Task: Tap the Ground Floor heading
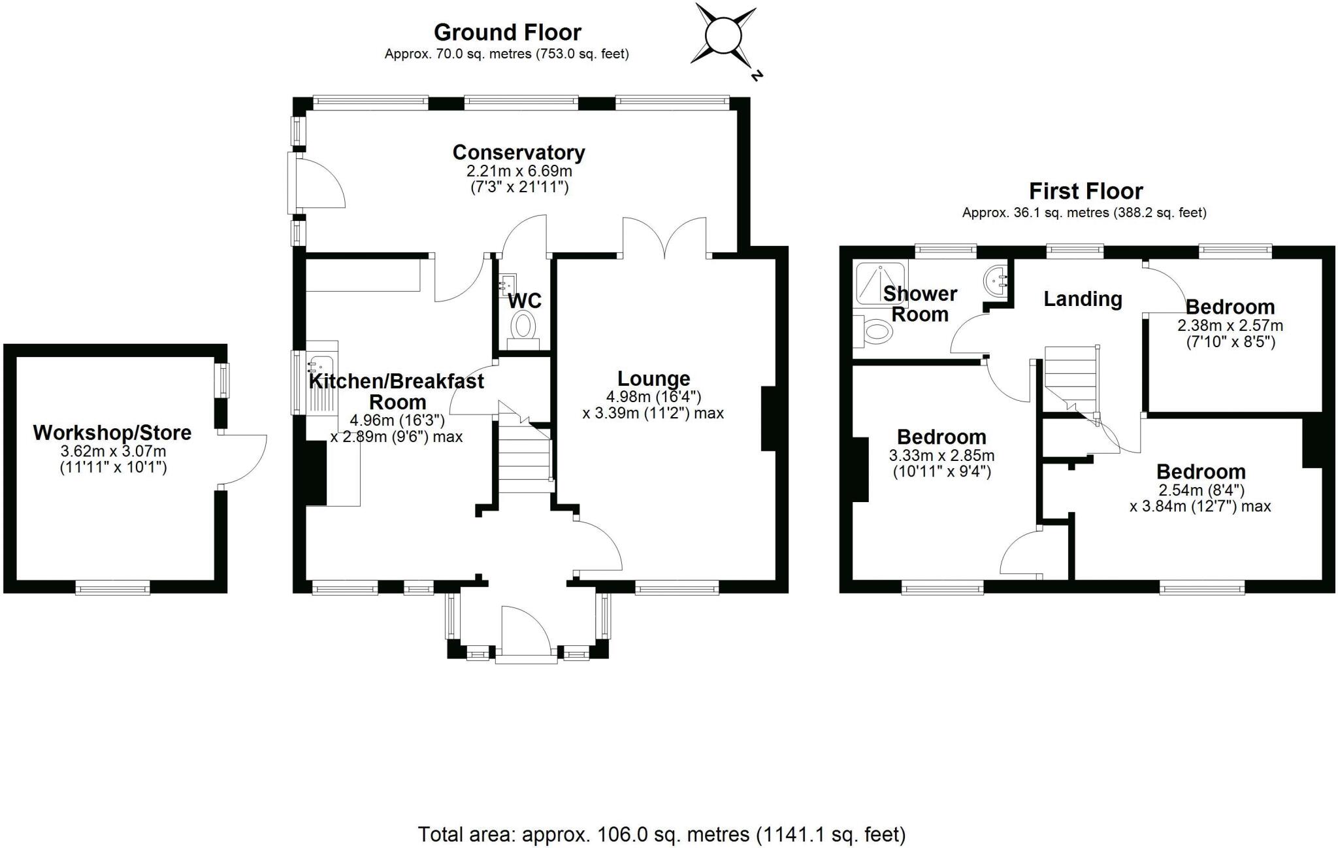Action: (507, 32)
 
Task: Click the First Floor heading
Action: (1085, 191)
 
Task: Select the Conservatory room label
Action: (519, 152)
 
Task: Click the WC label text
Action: (525, 301)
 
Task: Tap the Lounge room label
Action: (653, 379)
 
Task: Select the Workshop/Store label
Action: (112, 432)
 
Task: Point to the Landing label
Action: (1083, 299)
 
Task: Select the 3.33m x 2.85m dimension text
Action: (941, 456)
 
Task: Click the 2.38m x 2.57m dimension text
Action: (1230, 326)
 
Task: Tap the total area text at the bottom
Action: (661, 834)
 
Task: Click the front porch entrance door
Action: (526, 630)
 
